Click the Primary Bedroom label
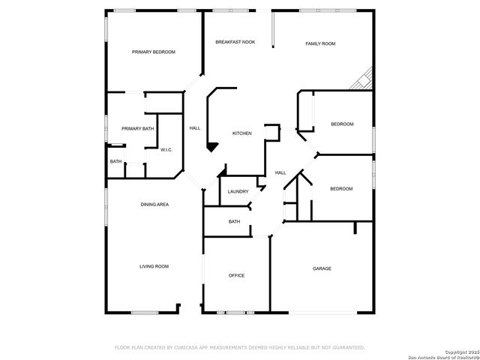pyautogui.click(x=153, y=52)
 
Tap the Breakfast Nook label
pyautogui.click(x=235, y=42)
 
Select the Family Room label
pyautogui.click(x=320, y=43)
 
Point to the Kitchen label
pyautogui.click(x=241, y=133)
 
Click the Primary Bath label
pyautogui.click(x=137, y=128)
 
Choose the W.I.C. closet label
pyautogui.click(x=166, y=149)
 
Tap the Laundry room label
pyautogui.click(x=238, y=191)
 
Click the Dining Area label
pyautogui.click(x=154, y=204)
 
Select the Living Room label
pyautogui.click(x=154, y=266)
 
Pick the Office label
pyautogui.click(x=236, y=275)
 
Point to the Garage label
pyautogui.click(x=322, y=268)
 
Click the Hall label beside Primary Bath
pyautogui.click(x=194, y=128)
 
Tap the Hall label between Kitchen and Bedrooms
pyautogui.click(x=280, y=172)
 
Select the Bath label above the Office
pyautogui.click(x=234, y=221)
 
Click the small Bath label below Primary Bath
pyautogui.click(x=115, y=161)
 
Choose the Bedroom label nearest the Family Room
pyautogui.click(x=342, y=124)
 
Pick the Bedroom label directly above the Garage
pyautogui.click(x=341, y=188)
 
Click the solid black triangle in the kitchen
pyautogui.click(x=213, y=147)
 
